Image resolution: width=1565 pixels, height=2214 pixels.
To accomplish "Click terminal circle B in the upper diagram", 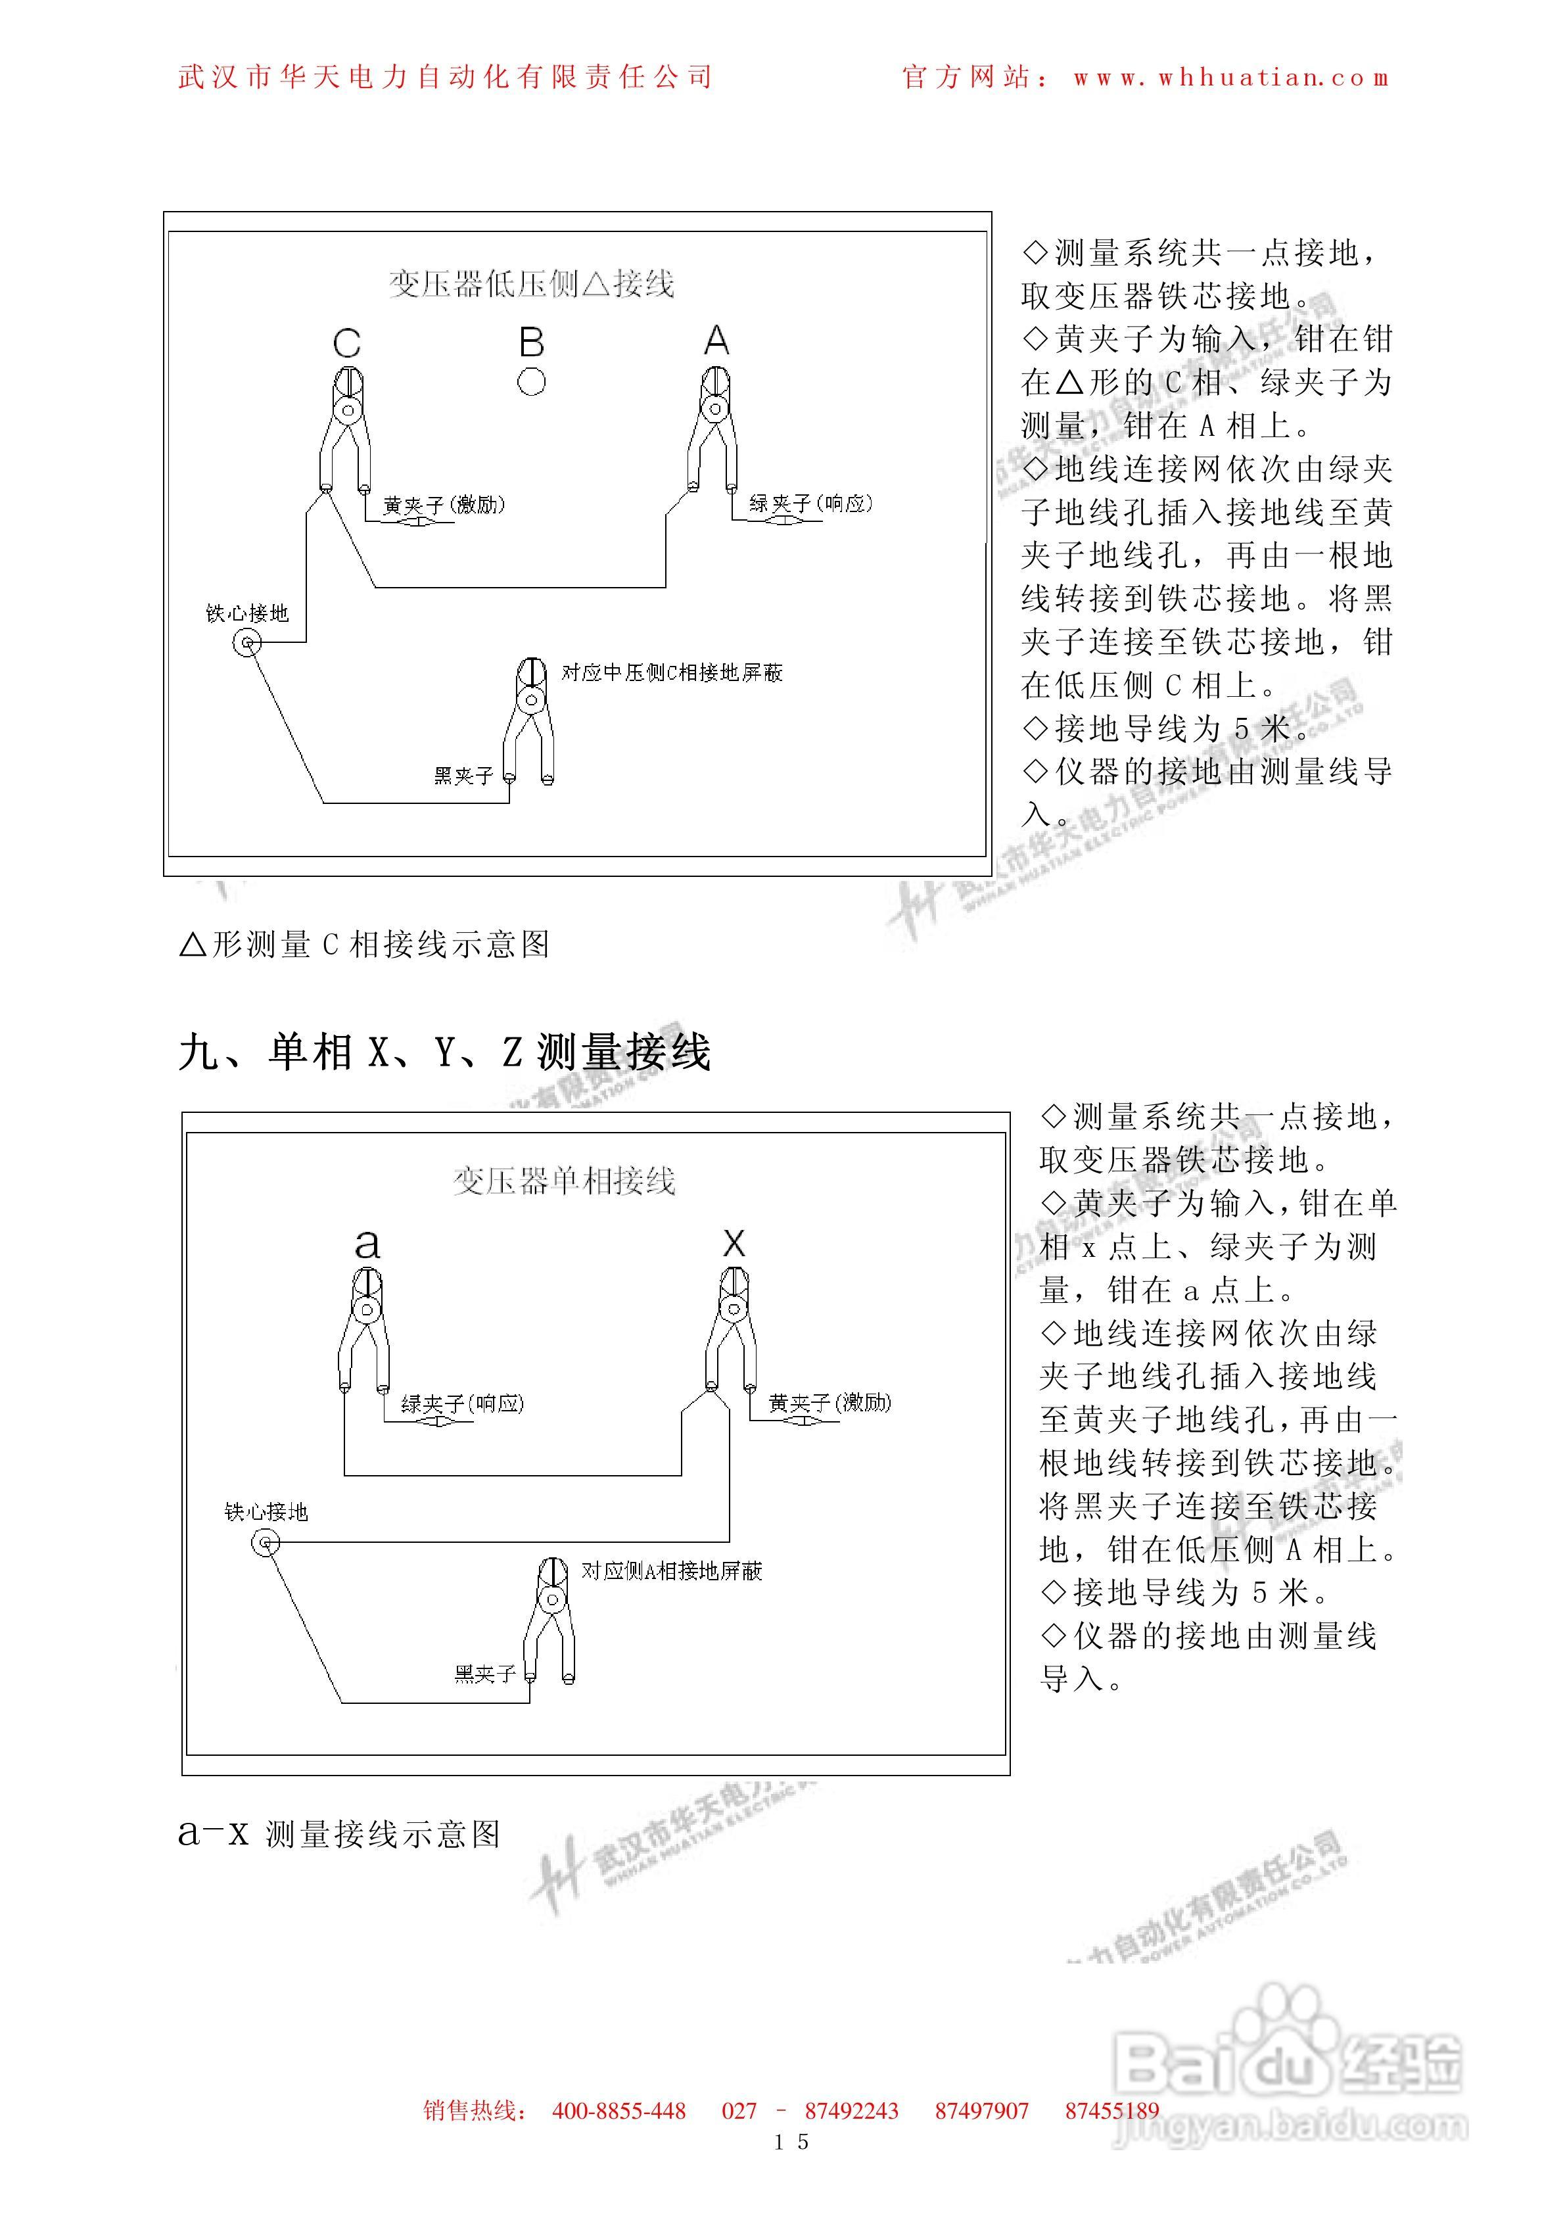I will click(x=531, y=382).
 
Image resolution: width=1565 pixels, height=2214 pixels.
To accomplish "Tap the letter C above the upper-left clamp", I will click(x=347, y=343).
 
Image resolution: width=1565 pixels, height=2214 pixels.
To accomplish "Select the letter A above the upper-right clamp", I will click(x=716, y=341).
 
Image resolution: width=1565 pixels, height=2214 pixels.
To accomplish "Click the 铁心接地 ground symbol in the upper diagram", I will click(x=248, y=642).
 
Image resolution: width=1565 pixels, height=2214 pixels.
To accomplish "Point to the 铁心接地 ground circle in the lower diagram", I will click(x=265, y=1543).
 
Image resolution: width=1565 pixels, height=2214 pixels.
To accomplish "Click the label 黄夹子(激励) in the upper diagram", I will click(x=444, y=504).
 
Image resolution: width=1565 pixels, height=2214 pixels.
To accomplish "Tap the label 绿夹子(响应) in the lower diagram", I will click(x=462, y=1403).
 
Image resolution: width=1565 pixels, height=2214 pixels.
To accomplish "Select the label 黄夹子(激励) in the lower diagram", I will click(x=829, y=1403).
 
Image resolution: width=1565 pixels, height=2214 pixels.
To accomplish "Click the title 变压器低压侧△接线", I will click(x=531, y=283).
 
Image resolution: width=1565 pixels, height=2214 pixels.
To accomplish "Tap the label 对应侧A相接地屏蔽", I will click(x=671, y=1571).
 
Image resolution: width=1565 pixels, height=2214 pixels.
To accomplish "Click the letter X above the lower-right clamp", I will click(x=734, y=1243).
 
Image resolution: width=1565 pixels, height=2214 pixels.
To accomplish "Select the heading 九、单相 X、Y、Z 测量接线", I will click(x=444, y=1051).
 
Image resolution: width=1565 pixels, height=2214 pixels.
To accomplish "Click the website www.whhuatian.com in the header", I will click(x=1231, y=77).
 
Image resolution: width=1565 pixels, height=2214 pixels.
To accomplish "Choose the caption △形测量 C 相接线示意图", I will click(x=365, y=944).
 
